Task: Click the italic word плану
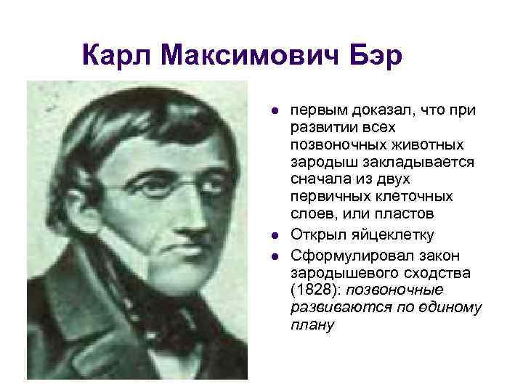(312, 325)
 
